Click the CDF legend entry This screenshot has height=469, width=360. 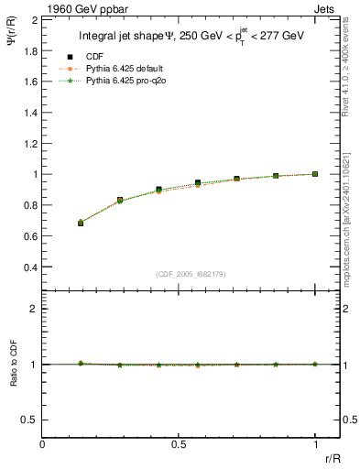pyautogui.click(x=95, y=57)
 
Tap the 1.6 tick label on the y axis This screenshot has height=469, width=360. pyautogui.click(x=28, y=81)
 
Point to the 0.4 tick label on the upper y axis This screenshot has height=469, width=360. pyautogui.click(x=28, y=267)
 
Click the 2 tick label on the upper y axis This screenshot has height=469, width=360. pyautogui.click(x=33, y=18)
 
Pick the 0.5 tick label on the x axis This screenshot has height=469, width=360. pyautogui.click(x=179, y=445)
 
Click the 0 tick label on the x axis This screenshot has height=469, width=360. pyautogui.click(x=43, y=445)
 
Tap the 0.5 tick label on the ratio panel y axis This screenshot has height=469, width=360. pyautogui.click(x=28, y=420)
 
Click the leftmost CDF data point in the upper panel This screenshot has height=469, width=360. pyautogui.click(x=81, y=223)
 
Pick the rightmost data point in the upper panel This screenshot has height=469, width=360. pyautogui.click(x=315, y=174)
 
